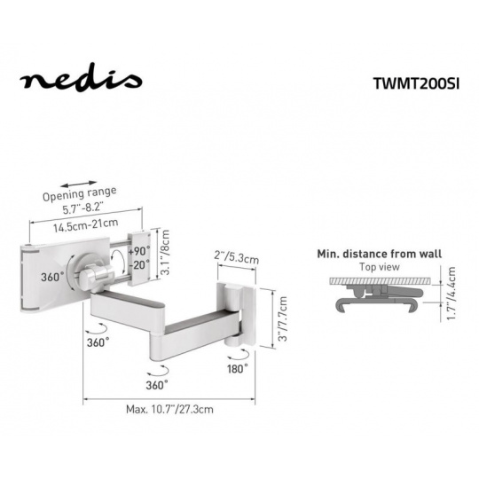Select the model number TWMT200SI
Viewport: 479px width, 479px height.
pos(416,83)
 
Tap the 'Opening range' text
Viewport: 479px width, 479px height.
pos(80,194)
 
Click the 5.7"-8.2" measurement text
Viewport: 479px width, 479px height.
pos(82,208)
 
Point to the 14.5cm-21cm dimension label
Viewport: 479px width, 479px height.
pos(85,224)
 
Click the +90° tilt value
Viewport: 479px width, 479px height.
pos(139,251)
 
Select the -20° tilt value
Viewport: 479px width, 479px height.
pos(139,264)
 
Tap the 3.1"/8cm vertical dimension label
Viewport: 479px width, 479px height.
pos(165,252)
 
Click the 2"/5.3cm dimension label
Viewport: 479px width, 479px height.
pos(236,256)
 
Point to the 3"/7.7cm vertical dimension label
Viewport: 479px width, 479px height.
pos(283,318)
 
